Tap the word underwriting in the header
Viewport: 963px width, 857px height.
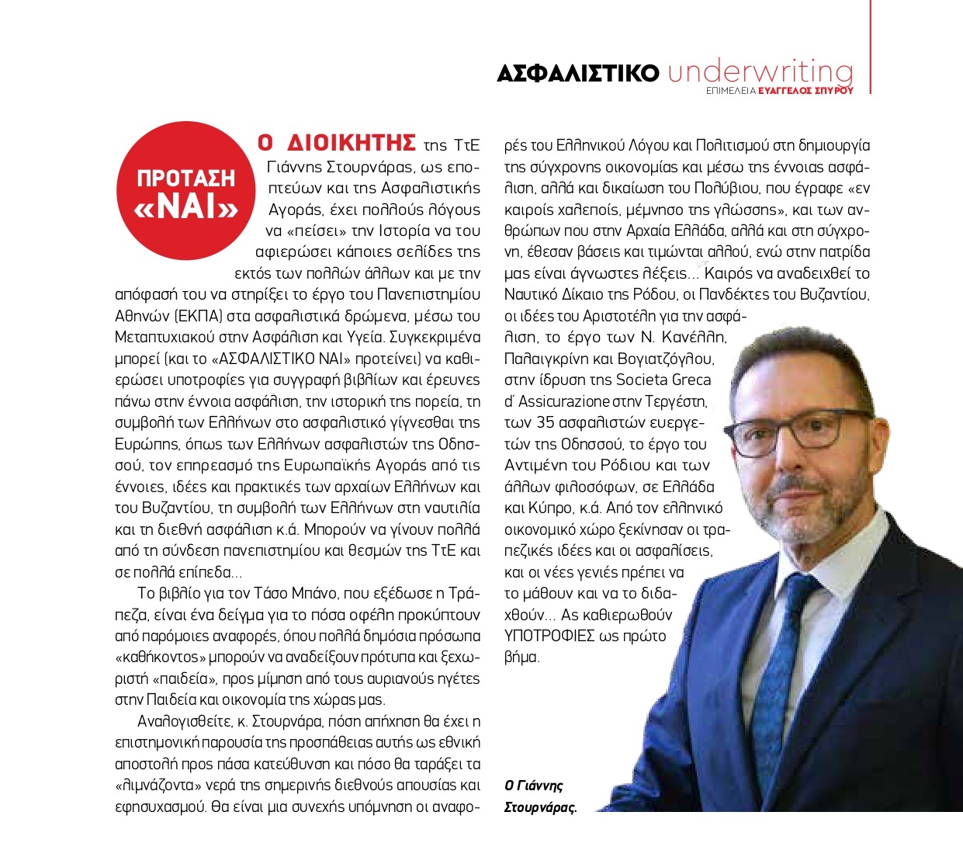760,72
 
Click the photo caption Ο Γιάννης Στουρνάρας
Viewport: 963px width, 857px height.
540,796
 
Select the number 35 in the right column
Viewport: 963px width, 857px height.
544,423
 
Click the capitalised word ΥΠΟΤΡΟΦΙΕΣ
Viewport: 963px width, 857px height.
553,636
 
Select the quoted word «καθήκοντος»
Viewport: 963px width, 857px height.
163,656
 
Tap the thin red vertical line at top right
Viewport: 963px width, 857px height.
870,47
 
